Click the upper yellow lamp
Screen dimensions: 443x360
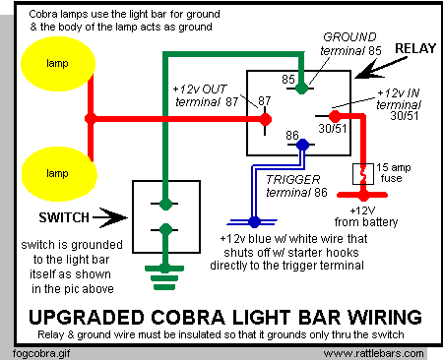[x=58, y=64]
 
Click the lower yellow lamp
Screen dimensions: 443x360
[x=59, y=174]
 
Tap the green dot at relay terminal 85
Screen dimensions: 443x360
[x=301, y=88]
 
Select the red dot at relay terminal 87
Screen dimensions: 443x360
[x=265, y=119]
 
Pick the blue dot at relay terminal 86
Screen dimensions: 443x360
[x=302, y=145]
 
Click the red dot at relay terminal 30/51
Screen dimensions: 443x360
[x=335, y=116]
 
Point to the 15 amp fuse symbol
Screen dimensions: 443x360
[x=363, y=174]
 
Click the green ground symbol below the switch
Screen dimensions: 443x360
[x=164, y=277]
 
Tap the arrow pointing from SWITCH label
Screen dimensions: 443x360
[x=110, y=217]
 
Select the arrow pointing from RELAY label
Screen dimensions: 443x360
[x=381, y=68]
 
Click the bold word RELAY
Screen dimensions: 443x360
[x=415, y=48]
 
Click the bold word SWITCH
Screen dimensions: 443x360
[x=64, y=217]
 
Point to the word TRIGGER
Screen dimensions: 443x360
[x=293, y=179]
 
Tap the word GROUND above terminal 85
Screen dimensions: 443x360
[x=349, y=37]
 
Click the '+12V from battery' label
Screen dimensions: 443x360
[x=366, y=216]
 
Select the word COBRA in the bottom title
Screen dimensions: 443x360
[x=188, y=317]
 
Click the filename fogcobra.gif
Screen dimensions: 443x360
[x=41, y=354]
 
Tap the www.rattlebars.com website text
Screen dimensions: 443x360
[x=373, y=354]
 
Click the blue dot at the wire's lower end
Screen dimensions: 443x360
[x=254, y=222]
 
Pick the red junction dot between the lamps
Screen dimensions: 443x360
[x=91, y=119]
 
